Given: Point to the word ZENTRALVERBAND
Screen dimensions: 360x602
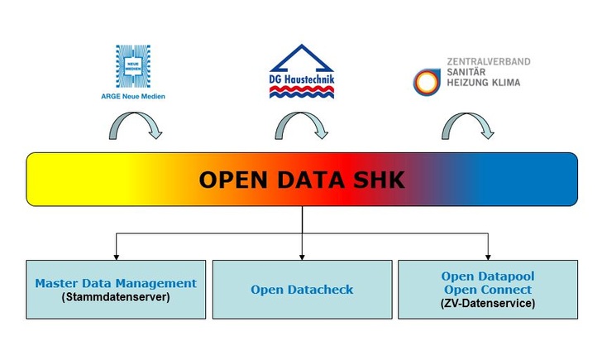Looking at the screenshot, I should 488,61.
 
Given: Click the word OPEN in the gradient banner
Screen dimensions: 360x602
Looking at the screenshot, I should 231,180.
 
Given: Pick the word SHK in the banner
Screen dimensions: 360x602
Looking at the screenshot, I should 379,180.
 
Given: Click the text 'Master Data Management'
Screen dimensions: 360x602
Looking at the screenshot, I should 116,283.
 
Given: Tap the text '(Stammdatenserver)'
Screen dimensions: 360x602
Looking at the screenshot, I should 116,296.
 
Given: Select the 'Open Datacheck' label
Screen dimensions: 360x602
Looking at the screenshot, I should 302,290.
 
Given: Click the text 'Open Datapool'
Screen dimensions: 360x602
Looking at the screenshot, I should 487,276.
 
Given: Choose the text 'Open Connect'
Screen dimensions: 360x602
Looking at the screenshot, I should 487,290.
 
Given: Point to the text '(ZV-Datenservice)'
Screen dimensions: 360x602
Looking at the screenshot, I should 487,304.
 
